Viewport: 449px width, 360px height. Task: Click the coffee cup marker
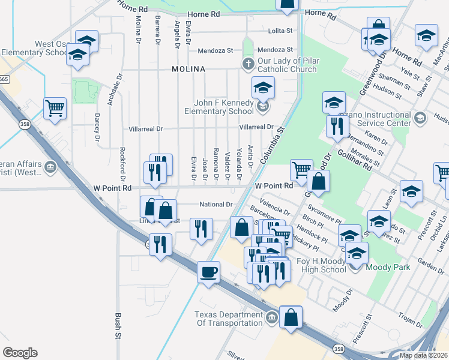click(209, 272)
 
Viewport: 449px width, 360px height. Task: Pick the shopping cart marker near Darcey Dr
click(55, 108)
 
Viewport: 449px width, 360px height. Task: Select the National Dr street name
click(216, 205)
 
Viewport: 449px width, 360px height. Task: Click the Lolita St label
click(280, 31)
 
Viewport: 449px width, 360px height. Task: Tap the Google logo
click(20, 353)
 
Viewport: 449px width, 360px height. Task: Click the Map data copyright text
click(424, 355)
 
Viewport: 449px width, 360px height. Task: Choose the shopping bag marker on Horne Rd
click(287, 3)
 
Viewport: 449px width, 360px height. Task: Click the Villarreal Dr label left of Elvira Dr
click(146, 129)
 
